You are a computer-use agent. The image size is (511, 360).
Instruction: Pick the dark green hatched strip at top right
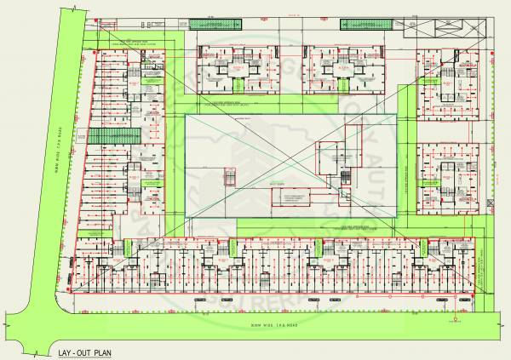365,25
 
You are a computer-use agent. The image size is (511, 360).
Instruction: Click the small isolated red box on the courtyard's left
228,179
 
